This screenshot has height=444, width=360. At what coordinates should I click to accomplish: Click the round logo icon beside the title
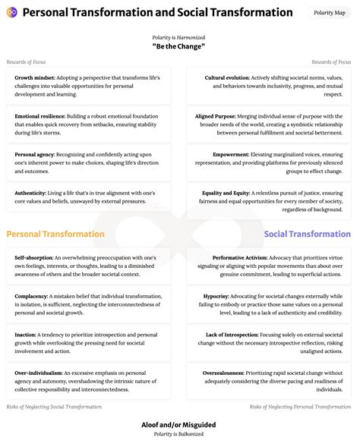(11, 13)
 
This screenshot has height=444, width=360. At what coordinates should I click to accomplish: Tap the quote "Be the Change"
(179, 46)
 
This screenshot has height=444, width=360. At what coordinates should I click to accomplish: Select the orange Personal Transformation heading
(55, 235)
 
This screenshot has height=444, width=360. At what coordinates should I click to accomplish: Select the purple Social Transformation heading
(308, 235)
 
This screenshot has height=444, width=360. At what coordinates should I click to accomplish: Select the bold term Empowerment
(231, 155)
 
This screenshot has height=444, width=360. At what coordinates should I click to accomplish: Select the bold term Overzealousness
(225, 373)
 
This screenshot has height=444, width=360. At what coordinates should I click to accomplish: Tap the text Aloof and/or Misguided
(179, 426)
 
